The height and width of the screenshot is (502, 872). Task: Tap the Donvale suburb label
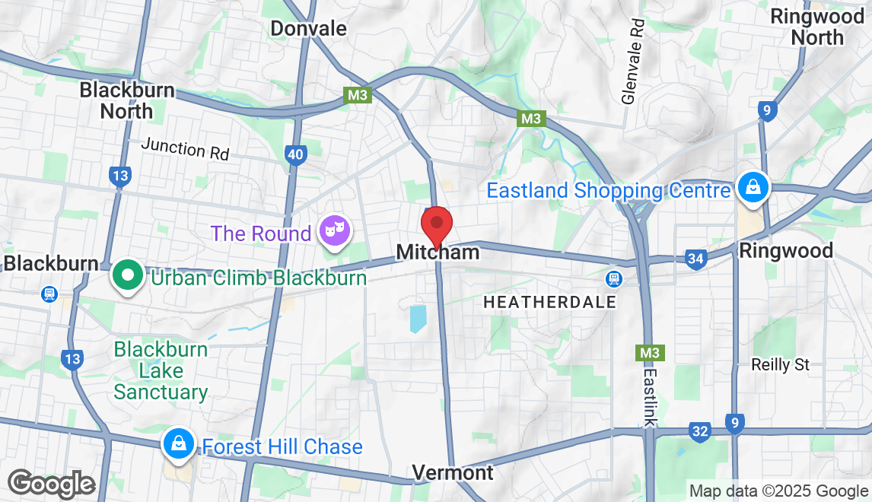[309, 29]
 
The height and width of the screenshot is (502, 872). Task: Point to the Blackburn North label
[127, 100]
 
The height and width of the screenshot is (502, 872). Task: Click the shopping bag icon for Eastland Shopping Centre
[752, 186]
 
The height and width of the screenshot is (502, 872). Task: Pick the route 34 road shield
[695, 259]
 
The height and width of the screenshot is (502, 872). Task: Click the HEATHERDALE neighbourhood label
[549, 303]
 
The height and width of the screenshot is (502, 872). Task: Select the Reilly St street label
[781, 365]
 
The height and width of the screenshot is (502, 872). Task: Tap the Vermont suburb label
[453, 472]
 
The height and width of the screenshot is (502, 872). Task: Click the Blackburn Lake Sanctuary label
[161, 371]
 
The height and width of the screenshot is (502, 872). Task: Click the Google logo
[50, 484]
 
